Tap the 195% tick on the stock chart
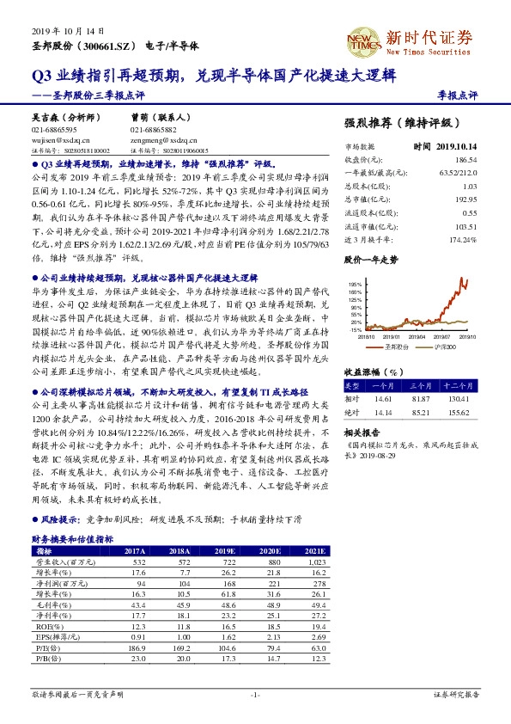click(x=355, y=283)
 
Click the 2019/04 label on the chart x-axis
click(x=417, y=337)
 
